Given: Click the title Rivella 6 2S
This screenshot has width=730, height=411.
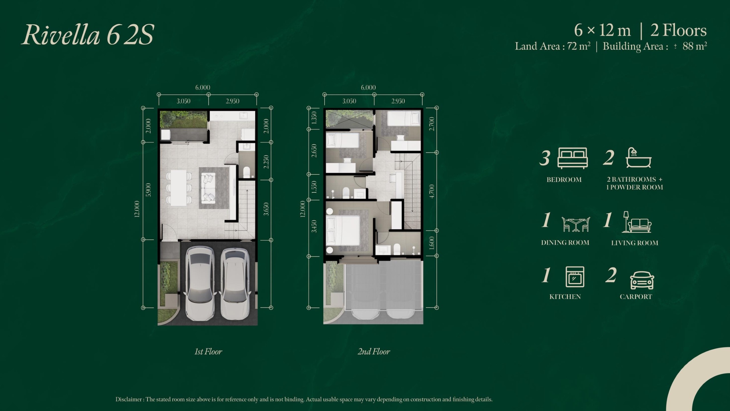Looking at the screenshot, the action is point(88,35).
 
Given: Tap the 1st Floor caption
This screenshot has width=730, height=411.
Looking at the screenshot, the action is point(208,351).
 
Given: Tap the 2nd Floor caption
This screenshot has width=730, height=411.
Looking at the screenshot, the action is point(374,351).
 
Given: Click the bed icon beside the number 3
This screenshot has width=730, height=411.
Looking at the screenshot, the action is point(573,158).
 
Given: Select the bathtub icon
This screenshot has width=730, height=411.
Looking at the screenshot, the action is point(638,158).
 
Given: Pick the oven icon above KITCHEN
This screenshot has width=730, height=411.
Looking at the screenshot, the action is point(575,277).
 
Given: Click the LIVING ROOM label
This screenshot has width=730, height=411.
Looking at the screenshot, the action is point(635,243).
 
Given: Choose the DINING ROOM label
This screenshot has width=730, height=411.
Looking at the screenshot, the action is point(565,243).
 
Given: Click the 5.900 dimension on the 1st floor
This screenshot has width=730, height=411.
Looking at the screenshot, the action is point(148,190).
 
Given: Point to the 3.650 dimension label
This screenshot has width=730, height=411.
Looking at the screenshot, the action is point(266,209).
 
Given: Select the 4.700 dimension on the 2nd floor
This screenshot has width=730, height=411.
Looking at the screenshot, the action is point(432,191).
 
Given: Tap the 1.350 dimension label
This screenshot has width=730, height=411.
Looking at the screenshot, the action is point(314,118).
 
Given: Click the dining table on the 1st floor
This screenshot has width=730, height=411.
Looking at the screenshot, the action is point(179,188).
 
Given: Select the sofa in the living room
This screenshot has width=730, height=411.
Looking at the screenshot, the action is point(208,188).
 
